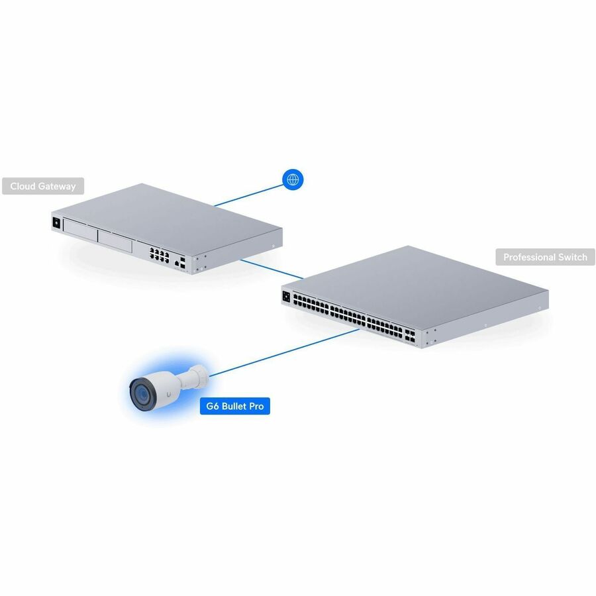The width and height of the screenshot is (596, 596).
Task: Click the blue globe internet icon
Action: coord(293,179)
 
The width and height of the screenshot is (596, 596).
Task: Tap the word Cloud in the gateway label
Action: coord(23,186)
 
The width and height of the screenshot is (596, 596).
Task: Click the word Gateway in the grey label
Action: coord(57,187)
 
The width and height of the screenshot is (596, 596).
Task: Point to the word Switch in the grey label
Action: coord(573,258)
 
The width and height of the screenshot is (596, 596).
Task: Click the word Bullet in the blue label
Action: coord(234,406)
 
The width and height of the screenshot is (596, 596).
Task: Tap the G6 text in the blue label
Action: coord(212,406)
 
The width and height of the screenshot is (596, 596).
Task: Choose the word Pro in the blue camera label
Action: coord(257,406)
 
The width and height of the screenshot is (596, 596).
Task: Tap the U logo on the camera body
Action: coord(168,395)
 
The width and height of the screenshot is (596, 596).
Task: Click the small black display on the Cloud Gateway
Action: coord(56,223)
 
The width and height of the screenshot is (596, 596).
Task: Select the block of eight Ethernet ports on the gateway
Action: coord(159,255)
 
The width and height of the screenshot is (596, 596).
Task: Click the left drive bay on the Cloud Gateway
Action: coord(81,230)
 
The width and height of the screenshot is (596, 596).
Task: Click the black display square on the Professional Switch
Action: coord(286,297)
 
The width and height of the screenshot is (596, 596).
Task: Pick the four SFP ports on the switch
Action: coord(410,335)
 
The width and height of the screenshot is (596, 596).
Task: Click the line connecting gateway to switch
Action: coord(272,269)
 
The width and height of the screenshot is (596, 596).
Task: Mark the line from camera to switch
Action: coord(284,353)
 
